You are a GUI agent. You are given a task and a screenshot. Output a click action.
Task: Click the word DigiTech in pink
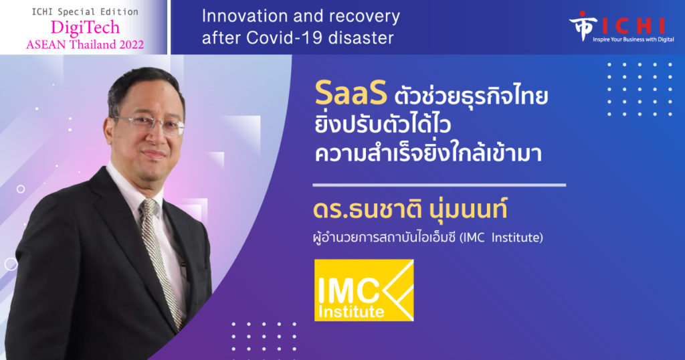pyautogui.click(x=85, y=28)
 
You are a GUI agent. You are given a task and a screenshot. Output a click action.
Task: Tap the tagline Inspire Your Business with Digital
pyautogui.click(x=633, y=39)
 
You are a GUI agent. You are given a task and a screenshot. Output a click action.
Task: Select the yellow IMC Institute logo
pyautogui.click(x=364, y=290)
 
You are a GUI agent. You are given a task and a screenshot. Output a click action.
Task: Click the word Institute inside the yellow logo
pyautogui.click(x=351, y=312)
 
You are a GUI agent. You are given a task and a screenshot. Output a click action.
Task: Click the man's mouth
pyautogui.click(x=156, y=155)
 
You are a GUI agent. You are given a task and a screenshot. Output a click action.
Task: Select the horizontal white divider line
pyautogui.click(x=439, y=185)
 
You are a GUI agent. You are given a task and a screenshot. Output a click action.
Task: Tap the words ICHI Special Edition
pyautogui.click(x=85, y=11)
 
